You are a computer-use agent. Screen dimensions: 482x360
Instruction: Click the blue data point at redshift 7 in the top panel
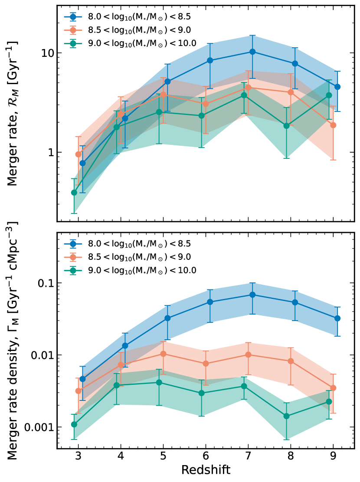click(252, 52)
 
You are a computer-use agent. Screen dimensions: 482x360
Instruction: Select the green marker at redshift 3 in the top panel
click(74, 192)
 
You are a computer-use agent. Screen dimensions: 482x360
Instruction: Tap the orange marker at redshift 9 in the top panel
click(333, 125)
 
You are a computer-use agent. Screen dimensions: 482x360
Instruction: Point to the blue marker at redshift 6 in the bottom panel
click(210, 302)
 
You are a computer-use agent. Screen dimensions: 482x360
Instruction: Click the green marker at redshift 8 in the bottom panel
click(286, 416)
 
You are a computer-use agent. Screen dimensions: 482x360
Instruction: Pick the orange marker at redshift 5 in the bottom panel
click(163, 354)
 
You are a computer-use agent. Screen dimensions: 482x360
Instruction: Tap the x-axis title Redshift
click(206, 470)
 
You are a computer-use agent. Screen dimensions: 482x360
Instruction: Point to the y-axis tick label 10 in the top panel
click(47, 52)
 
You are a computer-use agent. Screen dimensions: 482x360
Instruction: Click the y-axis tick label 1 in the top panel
click(49, 152)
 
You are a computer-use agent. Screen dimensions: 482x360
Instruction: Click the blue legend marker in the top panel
click(73, 17)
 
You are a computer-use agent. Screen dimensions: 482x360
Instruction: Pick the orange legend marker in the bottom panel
click(73, 257)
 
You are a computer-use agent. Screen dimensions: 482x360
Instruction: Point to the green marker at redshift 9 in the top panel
click(329, 95)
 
